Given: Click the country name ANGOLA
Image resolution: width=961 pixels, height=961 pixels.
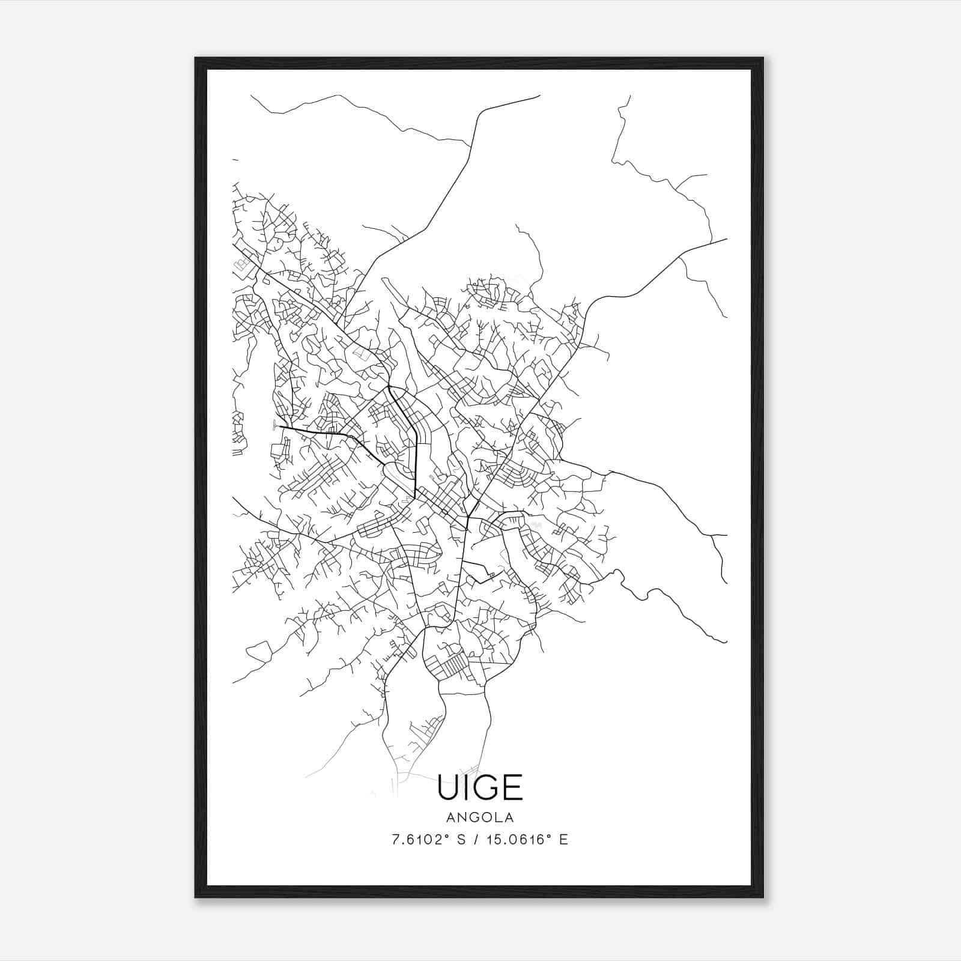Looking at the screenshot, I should [480, 817].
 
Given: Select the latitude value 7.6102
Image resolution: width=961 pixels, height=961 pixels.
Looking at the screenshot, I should [418, 840].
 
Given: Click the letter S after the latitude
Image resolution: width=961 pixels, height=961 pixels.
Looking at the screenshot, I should [461, 840].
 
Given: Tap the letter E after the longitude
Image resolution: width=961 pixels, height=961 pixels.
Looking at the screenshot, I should [563, 840].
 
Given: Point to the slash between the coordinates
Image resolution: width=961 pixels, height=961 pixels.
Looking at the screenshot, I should [476, 840].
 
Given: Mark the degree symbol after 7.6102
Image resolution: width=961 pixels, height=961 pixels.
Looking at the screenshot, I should [448, 836].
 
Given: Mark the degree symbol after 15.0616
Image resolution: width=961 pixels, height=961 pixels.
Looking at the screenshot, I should [549, 836].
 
